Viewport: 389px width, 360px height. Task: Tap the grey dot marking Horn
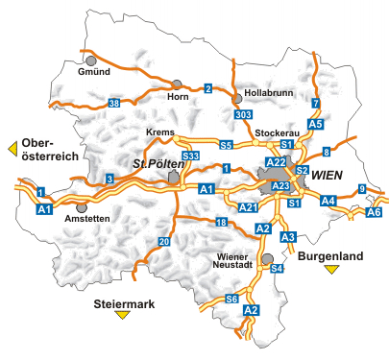point(177,83)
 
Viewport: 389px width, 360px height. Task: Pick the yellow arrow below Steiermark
point(122,315)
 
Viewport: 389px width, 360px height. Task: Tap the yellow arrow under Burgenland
point(332,270)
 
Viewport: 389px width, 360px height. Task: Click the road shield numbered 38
point(114,103)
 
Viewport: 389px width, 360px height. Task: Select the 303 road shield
point(241,113)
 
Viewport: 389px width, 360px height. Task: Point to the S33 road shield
point(190,156)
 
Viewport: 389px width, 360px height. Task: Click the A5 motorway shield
point(316,124)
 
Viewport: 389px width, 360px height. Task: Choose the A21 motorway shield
point(247,207)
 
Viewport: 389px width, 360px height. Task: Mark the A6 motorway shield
point(375,212)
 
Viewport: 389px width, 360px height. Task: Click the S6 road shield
point(231,300)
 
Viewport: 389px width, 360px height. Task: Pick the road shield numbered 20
point(164,240)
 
